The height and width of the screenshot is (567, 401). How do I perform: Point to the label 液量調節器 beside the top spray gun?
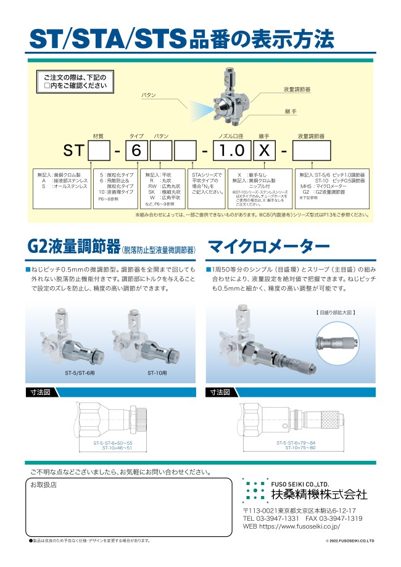297,89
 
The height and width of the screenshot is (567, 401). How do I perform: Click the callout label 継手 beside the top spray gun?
291,112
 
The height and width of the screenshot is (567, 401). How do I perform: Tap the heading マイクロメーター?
269,248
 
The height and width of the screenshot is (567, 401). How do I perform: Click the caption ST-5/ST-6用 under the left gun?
79,373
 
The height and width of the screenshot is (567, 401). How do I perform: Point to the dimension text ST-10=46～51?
117,448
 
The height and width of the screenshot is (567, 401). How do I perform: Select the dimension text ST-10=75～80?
300,448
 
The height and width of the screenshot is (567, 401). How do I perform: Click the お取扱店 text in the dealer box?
44,485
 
